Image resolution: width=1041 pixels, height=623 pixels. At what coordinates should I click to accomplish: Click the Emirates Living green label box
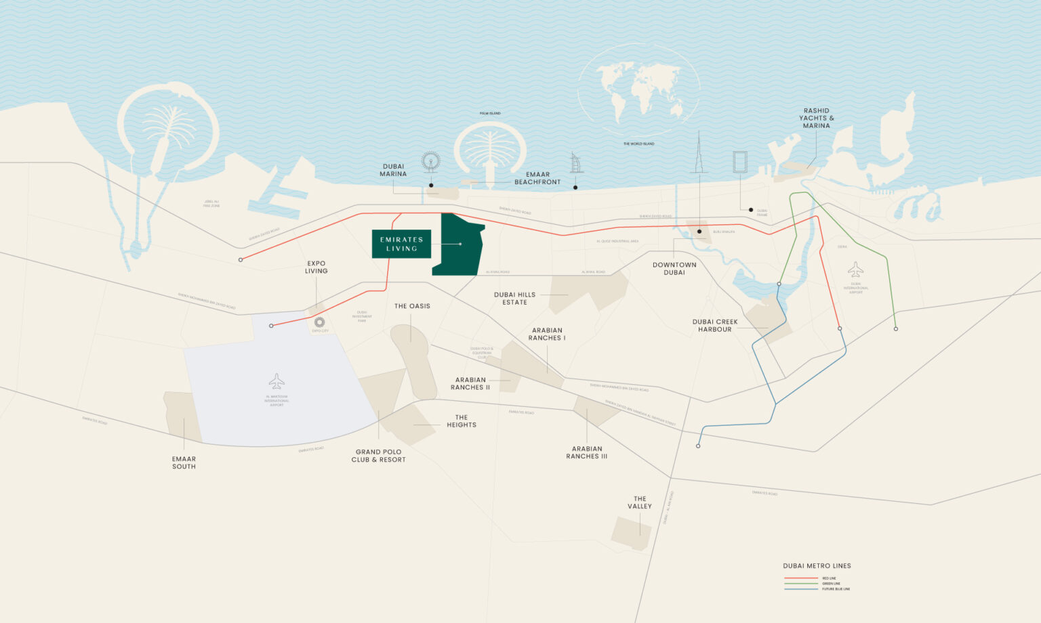(x=401, y=244)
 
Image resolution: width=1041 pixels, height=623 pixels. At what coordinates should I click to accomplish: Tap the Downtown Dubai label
(x=674, y=269)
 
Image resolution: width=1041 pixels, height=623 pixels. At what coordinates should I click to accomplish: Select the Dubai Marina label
(x=393, y=170)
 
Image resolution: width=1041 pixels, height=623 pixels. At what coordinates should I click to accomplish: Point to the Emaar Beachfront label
(x=537, y=178)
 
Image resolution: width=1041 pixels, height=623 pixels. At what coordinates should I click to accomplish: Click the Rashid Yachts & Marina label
(x=816, y=118)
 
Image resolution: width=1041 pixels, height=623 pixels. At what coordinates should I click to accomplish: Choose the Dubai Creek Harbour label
(x=715, y=326)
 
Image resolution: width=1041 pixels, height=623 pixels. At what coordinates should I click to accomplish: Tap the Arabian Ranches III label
(x=587, y=452)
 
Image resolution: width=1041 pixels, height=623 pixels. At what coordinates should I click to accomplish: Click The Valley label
(x=640, y=502)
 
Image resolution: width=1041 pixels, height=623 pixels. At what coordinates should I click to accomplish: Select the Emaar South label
(x=184, y=463)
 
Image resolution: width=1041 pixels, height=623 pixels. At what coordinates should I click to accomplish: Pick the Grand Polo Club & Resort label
(x=378, y=456)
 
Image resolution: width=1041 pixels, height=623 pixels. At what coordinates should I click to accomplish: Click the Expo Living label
(x=317, y=267)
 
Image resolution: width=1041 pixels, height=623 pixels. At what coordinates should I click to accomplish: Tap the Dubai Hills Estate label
(x=514, y=299)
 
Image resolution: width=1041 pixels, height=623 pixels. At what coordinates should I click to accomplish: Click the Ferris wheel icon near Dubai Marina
(x=430, y=162)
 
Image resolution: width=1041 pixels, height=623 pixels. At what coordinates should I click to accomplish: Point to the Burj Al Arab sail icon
(x=576, y=163)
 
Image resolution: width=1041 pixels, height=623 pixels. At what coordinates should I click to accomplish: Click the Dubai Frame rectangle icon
(x=739, y=163)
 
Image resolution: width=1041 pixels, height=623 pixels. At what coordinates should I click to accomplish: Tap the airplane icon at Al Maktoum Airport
(x=277, y=381)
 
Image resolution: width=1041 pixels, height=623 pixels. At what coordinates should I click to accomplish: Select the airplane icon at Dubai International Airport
(x=855, y=270)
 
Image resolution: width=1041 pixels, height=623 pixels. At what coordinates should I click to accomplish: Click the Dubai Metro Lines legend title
(x=817, y=565)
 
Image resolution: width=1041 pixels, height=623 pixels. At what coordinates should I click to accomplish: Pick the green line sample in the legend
(x=800, y=584)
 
